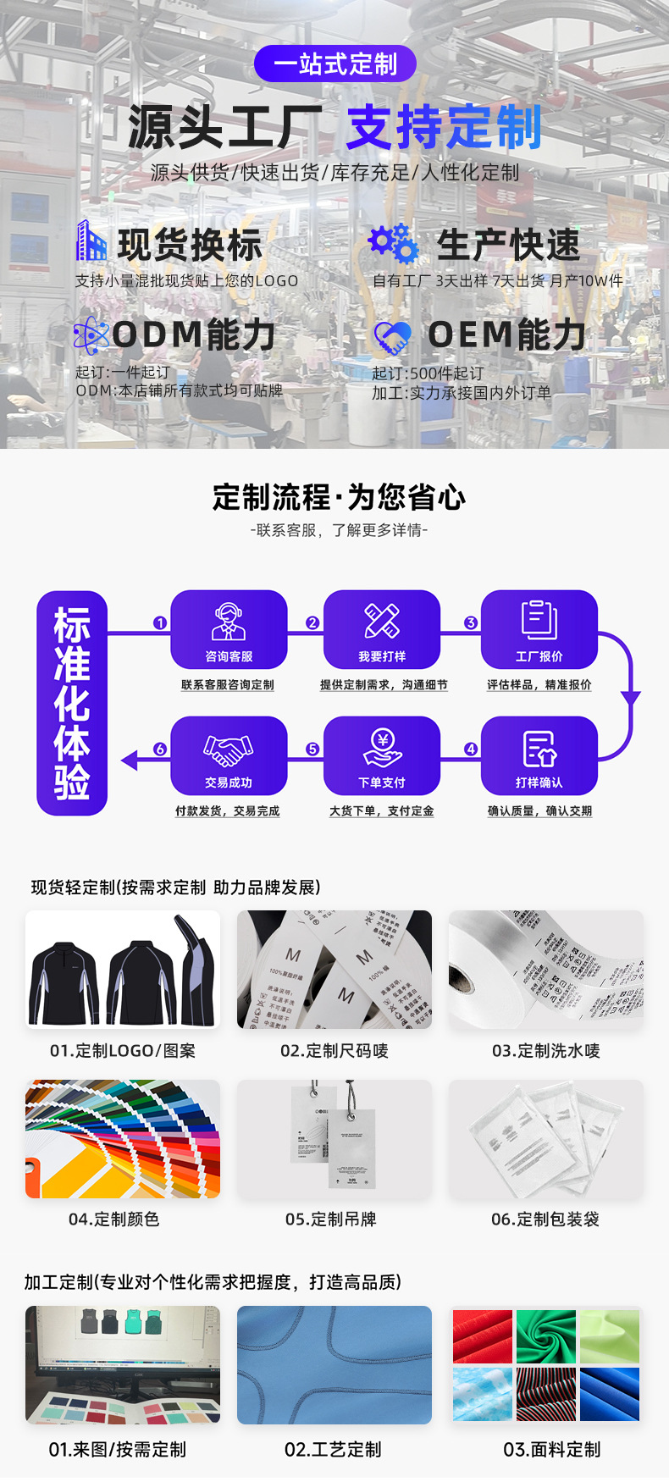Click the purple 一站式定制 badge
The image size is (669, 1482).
tap(335, 64)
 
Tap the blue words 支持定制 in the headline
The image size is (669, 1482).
tap(444, 127)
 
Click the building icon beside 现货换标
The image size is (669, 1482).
tap(91, 241)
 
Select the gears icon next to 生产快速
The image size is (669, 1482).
tap(394, 244)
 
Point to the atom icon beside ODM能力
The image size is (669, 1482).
tap(91, 335)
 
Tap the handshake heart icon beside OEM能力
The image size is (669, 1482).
tap(392, 338)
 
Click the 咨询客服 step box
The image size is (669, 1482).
tap(229, 629)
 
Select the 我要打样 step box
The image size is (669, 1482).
tap(382, 629)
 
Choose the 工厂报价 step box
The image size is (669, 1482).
tap(539, 629)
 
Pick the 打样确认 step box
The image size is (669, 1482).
tap(539, 755)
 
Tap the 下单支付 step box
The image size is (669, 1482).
tap(382, 755)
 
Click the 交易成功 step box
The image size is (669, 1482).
tap(229, 755)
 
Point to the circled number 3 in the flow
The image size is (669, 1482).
tap(471, 622)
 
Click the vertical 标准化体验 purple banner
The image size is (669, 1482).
tap(72, 703)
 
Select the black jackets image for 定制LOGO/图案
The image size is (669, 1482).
tap(123, 970)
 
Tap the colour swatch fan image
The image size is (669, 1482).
tap(123, 1139)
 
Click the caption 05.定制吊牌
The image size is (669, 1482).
tap(330, 1219)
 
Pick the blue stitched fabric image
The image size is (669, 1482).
tap(334, 1365)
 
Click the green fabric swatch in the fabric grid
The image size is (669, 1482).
tap(545, 1335)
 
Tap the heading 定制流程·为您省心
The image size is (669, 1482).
tap(339, 497)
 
